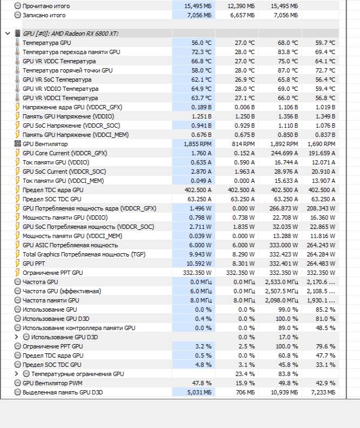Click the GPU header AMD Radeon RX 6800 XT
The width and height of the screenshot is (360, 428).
click(70, 34)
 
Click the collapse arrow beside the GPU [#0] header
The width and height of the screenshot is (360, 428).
click(7, 34)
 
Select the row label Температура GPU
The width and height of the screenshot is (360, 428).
click(46, 43)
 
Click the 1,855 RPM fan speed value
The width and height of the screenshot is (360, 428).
click(198, 144)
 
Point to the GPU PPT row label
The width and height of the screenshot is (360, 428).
click(34, 264)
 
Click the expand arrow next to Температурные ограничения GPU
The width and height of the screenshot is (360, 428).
click(17, 374)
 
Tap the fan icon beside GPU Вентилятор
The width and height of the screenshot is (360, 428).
click(18, 144)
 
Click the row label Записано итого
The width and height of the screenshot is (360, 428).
click(44, 15)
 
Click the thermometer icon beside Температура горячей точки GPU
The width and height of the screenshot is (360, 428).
click(18, 70)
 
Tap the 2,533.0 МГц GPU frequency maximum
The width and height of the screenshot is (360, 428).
click(281, 282)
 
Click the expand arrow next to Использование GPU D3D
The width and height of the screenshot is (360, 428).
click(17, 337)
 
